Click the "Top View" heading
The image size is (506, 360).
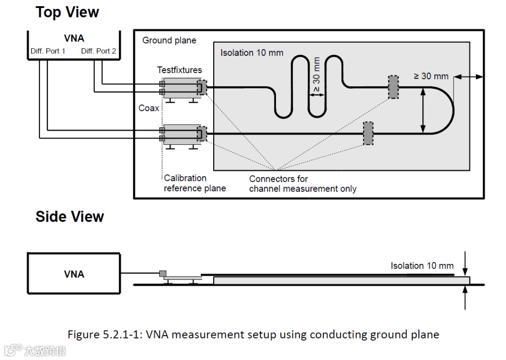[x=67, y=12]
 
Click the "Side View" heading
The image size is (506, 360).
[x=70, y=217]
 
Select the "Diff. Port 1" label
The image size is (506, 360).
[x=48, y=51]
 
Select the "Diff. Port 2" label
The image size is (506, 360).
[x=98, y=51]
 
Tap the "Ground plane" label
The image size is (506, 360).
[x=169, y=40]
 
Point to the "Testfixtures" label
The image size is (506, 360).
[x=179, y=70]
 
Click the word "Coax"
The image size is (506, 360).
[x=149, y=108]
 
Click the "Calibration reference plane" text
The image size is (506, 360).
[x=194, y=183]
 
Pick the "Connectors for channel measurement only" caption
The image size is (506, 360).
[x=302, y=184]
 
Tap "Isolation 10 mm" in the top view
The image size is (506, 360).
[x=252, y=52]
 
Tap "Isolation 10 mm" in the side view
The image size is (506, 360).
[x=422, y=266]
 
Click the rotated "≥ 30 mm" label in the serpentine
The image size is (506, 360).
[x=316, y=75]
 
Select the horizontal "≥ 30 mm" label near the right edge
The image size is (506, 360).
[x=431, y=76]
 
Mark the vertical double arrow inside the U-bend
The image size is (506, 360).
[x=423, y=111]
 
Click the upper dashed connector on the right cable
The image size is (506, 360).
[x=393, y=87]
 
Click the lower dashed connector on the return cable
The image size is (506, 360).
[x=368, y=133]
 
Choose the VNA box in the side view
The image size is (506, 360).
[x=74, y=274]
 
